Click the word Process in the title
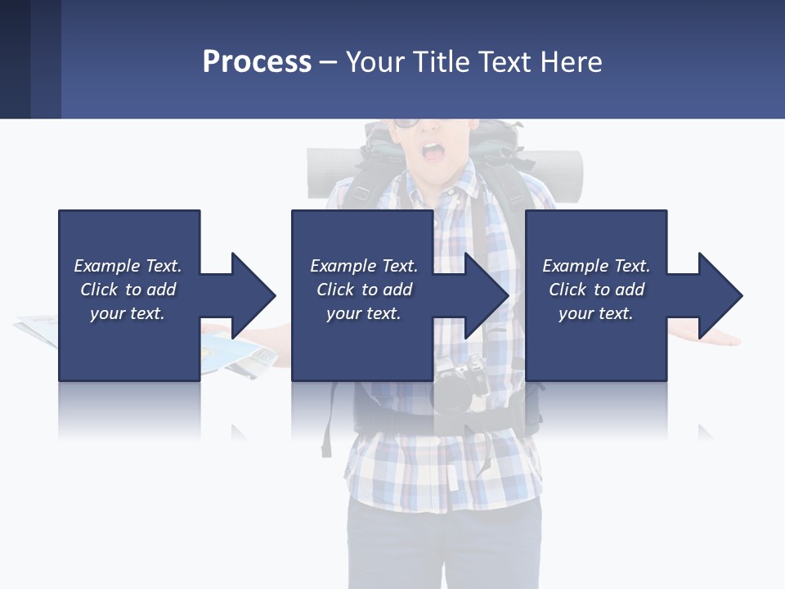tap(257, 61)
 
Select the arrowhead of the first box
tap(253, 295)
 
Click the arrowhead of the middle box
tap(487, 295)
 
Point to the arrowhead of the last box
tap(720, 295)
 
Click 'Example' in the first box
tap(106, 266)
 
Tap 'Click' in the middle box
tap(334, 290)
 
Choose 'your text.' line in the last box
tap(595, 313)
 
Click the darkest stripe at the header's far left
tap(15, 59)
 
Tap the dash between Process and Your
tap(329, 62)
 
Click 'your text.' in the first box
tap(127, 313)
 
